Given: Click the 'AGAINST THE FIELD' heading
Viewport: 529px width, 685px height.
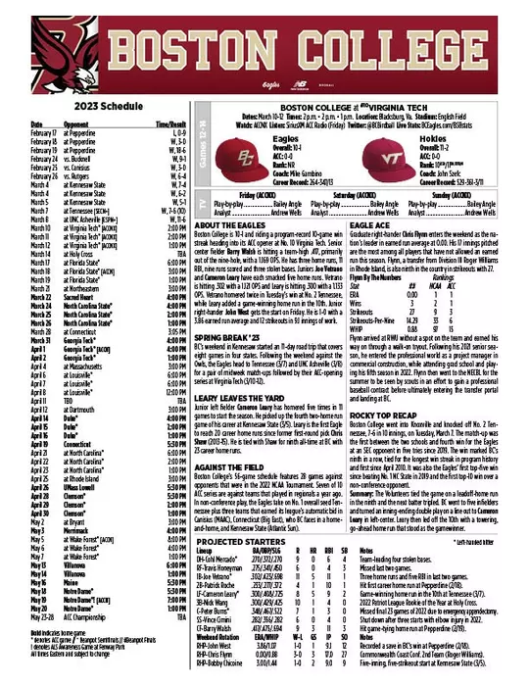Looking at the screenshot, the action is click(224, 438).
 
